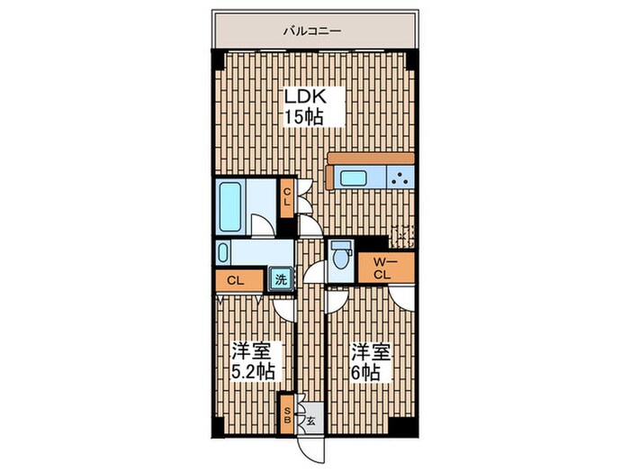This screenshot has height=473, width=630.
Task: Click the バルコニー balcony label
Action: click(x=310, y=31)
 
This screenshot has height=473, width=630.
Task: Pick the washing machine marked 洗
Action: click(x=282, y=279)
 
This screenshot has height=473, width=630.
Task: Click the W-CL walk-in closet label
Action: click(x=382, y=268)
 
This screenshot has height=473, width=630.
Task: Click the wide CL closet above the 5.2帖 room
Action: click(x=236, y=280)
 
